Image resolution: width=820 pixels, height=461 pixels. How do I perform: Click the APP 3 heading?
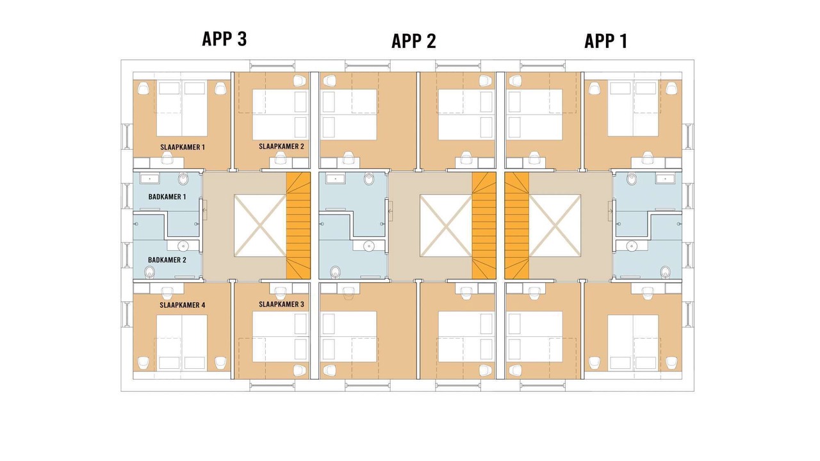224,39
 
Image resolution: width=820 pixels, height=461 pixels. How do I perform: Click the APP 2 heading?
414,41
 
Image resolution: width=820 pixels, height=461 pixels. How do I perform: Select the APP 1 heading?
606,41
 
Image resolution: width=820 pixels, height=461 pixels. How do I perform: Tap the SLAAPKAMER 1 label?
183,147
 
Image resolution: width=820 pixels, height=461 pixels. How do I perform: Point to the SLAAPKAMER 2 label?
281,147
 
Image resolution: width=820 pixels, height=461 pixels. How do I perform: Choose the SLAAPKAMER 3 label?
281,304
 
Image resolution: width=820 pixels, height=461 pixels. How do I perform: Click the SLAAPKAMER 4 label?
183,305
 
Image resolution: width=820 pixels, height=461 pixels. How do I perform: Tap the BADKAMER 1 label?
167,197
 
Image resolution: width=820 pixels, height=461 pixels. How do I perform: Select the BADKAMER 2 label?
167,260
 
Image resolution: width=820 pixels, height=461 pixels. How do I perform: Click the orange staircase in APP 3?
298,226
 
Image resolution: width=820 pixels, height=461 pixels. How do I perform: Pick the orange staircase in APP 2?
484,226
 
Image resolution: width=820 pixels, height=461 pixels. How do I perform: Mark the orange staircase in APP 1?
517,226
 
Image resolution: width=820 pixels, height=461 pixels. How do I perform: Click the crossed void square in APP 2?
445,225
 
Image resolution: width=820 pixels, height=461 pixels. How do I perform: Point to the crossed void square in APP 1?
555,225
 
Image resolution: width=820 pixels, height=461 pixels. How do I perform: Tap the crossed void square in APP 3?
260,225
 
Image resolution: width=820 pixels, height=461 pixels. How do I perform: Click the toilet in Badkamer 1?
183,179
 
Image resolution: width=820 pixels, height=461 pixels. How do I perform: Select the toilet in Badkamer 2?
149,272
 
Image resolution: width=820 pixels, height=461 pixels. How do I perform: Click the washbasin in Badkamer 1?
150,179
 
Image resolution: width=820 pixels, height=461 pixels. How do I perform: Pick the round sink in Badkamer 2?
183,245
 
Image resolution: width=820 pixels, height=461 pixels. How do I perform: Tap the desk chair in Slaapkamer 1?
167,158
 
